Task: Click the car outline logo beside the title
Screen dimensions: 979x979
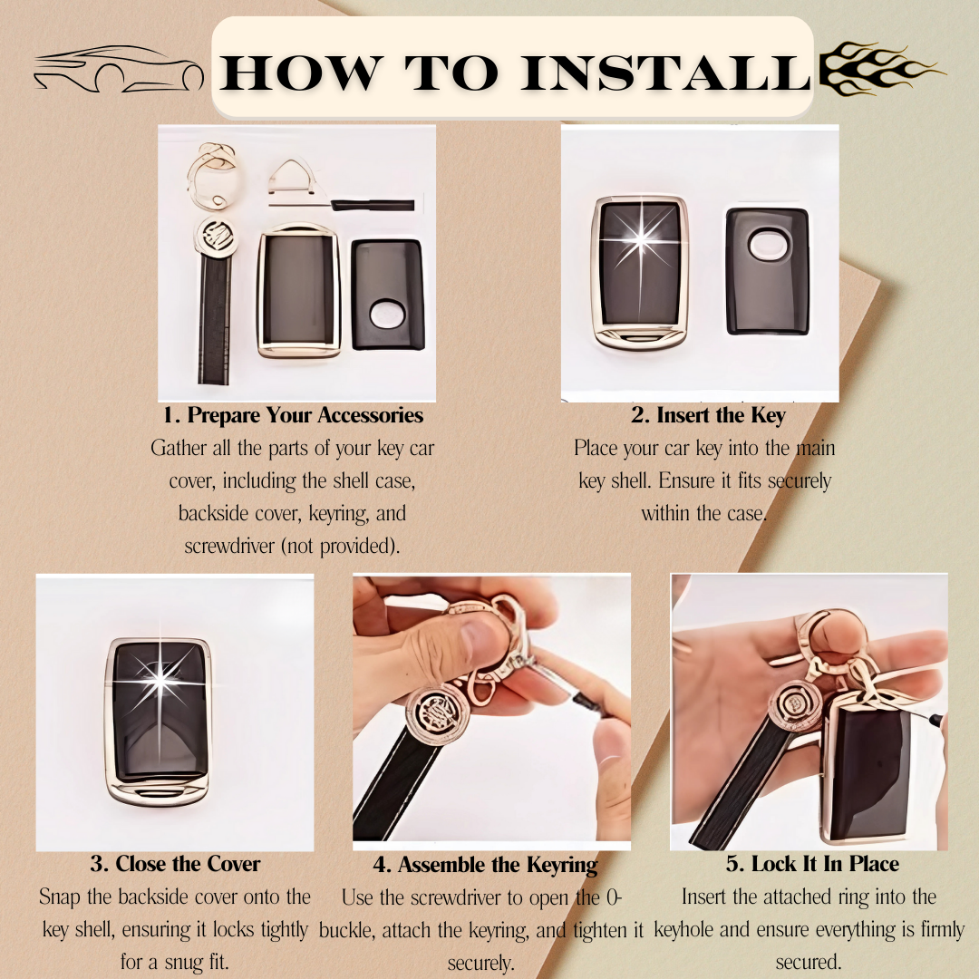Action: [x=119, y=69]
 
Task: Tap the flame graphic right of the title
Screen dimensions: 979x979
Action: [x=880, y=68]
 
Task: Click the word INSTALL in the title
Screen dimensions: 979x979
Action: [x=665, y=73]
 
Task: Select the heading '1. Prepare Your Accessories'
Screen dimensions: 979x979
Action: [x=293, y=415]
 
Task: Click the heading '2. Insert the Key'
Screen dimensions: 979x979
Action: [x=708, y=415]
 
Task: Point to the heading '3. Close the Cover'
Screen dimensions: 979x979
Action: [x=175, y=864]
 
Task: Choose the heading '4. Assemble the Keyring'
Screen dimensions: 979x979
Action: [x=485, y=865]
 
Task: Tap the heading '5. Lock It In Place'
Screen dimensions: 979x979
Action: [x=812, y=864]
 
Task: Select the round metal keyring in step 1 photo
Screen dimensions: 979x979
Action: [x=213, y=178]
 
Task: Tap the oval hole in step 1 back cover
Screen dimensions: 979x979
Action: [x=388, y=314]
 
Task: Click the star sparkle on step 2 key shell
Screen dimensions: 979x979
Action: [x=641, y=239]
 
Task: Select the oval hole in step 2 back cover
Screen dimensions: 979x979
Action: [x=768, y=244]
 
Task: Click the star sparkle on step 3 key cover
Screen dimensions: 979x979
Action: [x=160, y=679]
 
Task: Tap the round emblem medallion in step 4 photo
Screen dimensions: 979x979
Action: [x=438, y=715]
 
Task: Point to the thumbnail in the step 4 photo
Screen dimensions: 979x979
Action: [x=479, y=636]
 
